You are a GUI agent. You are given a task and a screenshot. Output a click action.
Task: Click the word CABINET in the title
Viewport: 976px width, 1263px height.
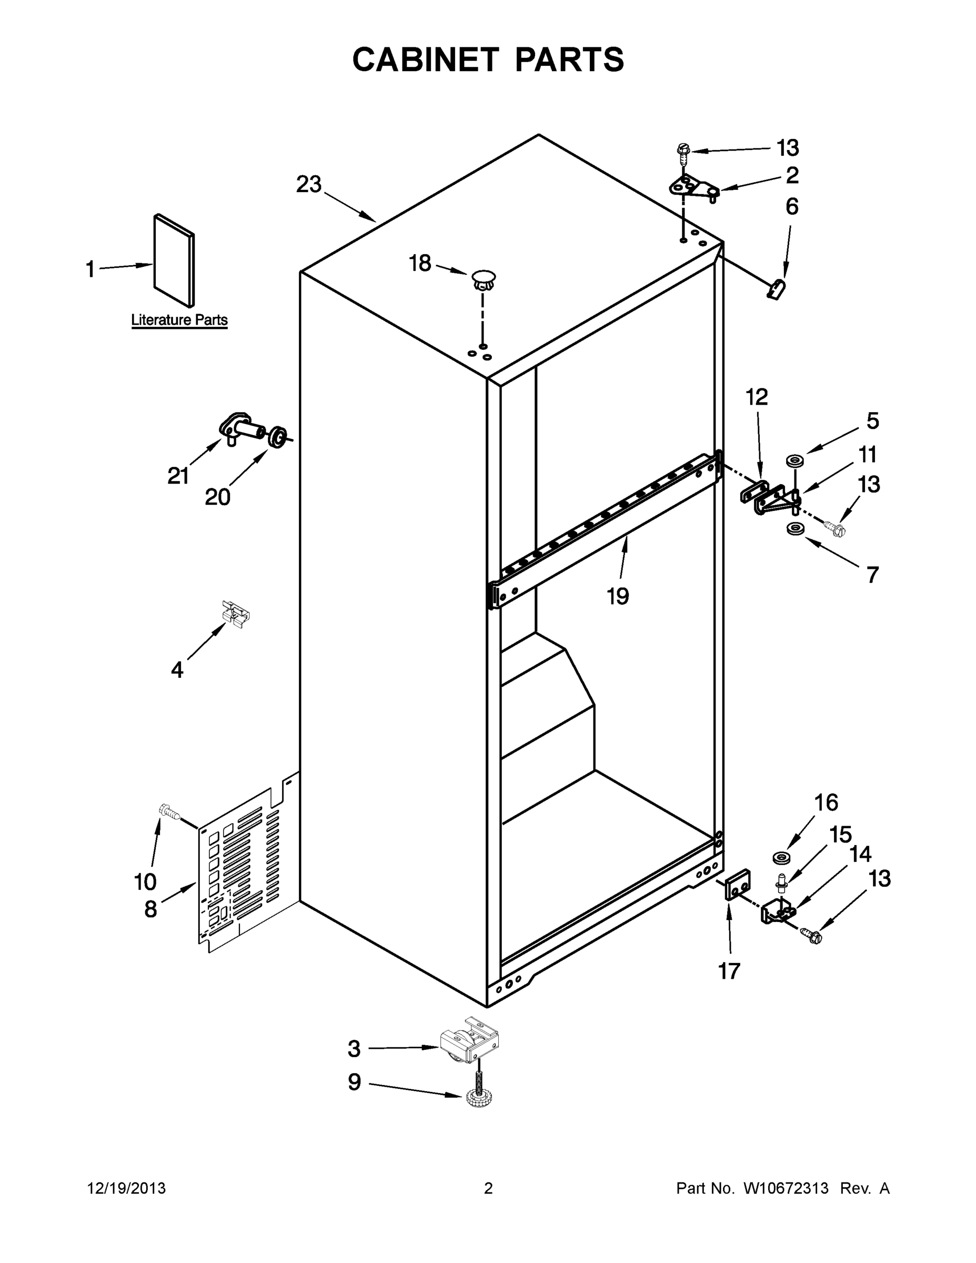(426, 59)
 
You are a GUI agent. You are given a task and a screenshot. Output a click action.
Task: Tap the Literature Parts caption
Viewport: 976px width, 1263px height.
(179, 320)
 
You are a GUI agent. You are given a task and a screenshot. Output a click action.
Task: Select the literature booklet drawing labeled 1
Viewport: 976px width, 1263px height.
(174, 260)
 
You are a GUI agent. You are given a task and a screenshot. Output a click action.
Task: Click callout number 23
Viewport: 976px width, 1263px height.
(308, 185)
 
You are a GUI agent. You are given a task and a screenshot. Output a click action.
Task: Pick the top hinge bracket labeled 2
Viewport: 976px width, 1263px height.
(693, 187)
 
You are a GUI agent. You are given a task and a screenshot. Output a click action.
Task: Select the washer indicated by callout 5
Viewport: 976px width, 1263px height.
(795, 461)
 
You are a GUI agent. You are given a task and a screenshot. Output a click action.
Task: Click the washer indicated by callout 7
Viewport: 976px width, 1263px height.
(795, 528)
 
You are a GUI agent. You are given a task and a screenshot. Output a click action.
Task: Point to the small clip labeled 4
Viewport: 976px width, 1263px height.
(235, 614)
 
